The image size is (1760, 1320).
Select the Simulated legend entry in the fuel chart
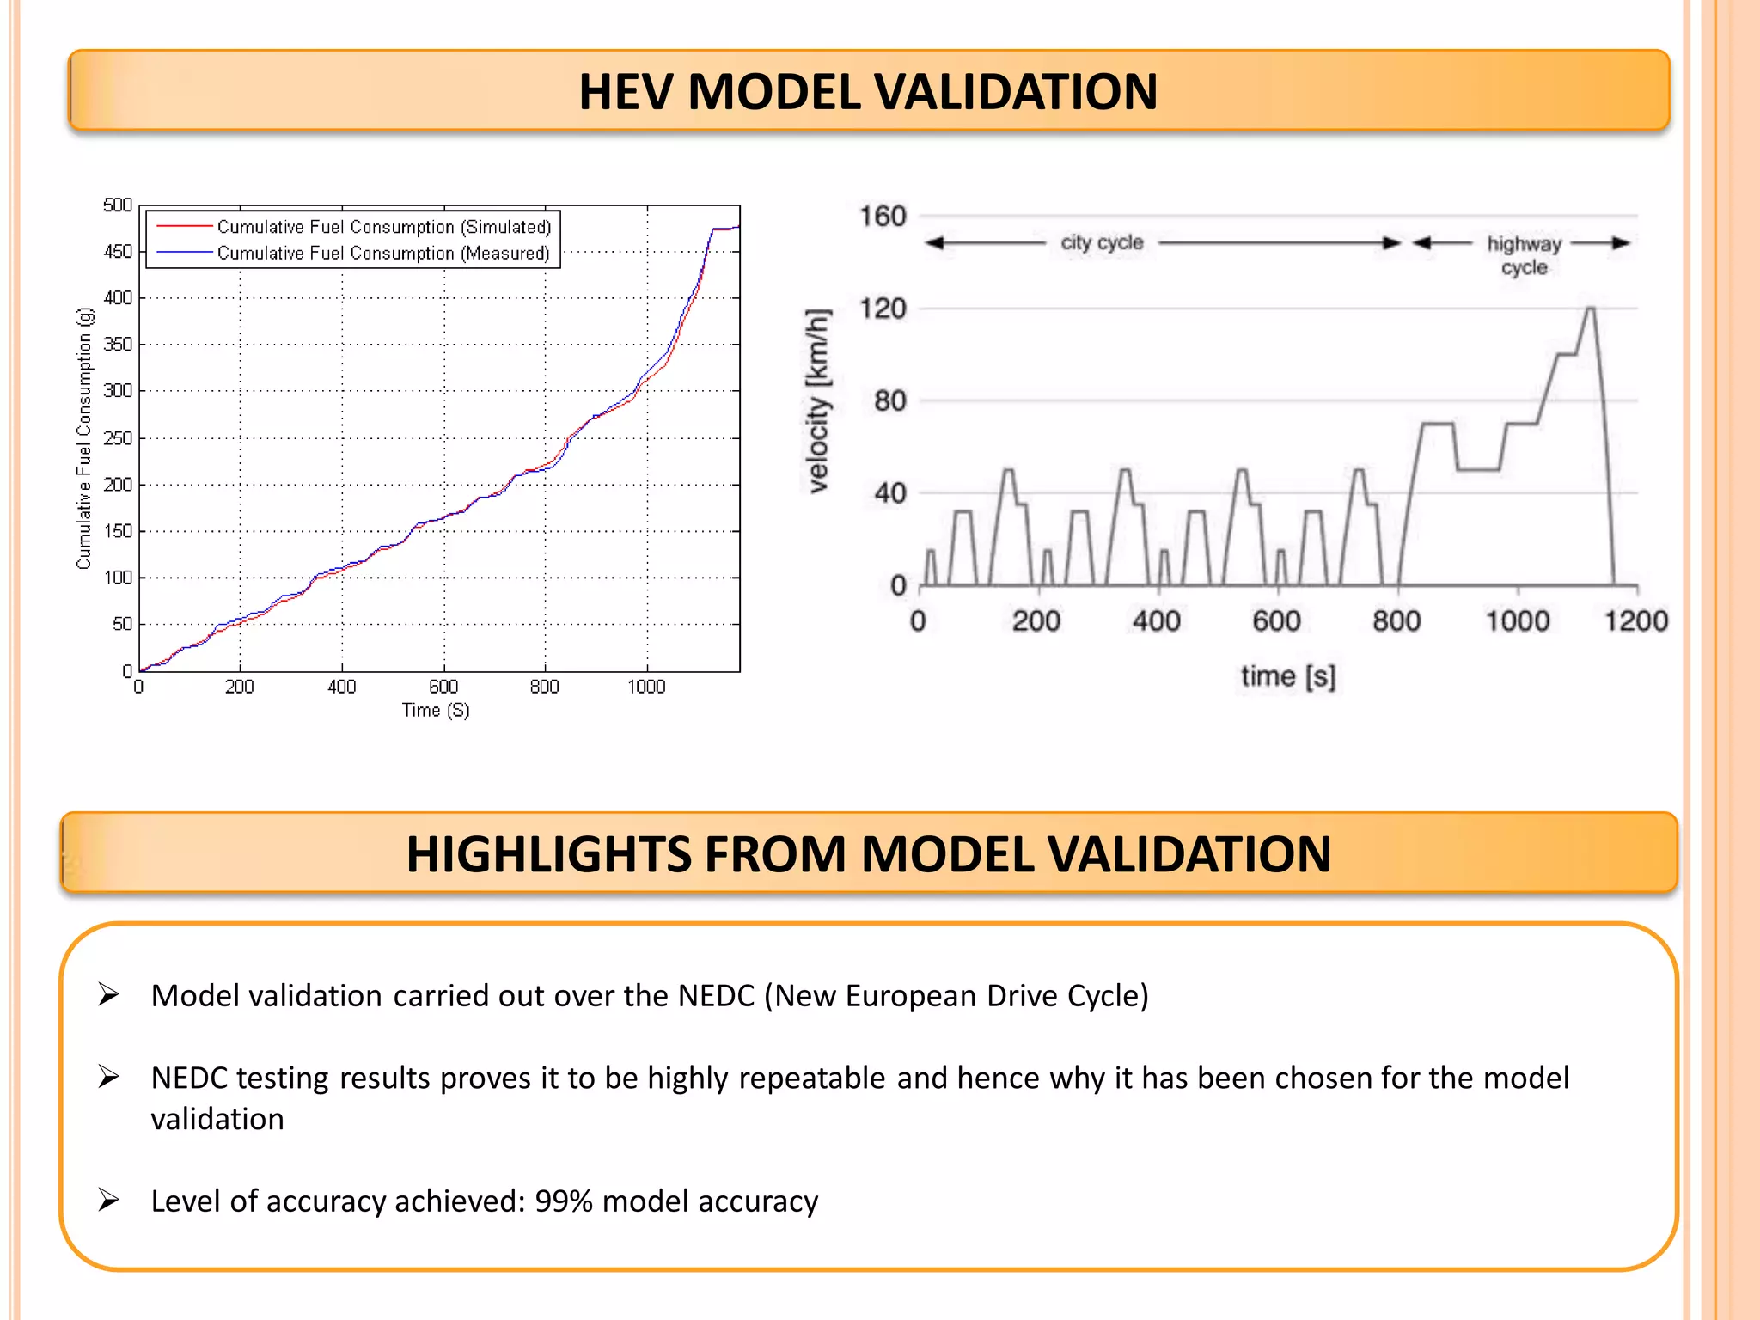[x=383, y=227]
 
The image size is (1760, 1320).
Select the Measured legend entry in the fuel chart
[x=383, y=254]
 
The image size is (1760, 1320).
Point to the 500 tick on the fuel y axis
[x=117, y=205]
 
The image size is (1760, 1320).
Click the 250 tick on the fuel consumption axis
[x=117, y=438]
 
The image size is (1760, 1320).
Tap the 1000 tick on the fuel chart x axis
[x=646, y=687]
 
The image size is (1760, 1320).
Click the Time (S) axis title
[x=436, y=710]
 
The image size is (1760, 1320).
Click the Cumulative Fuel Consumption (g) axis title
[x=83, y=438]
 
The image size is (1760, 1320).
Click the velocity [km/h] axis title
[x=818, y=400]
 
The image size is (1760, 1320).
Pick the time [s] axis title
[x=1287, y=676]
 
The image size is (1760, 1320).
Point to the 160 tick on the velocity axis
[x=883, y=217]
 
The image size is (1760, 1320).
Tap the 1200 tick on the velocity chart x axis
[x=1635, y=620]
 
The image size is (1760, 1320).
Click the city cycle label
[x=1102, y=242]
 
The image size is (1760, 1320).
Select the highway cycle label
[x=1524, y=255]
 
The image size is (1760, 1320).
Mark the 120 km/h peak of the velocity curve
[x=1590, y=309]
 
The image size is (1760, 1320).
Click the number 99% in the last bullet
[x=564, y=1201]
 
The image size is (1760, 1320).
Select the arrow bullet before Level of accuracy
[x=108, y=1200]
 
